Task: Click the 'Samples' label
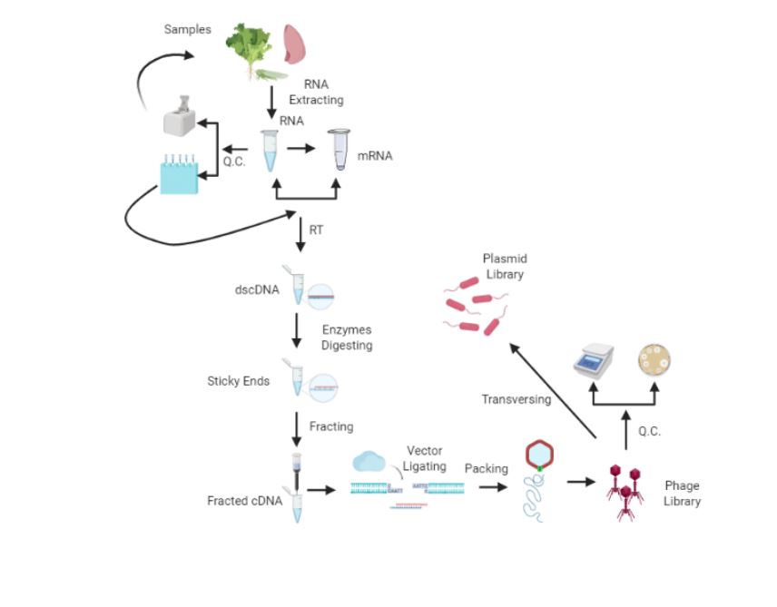click(x=187, y=29)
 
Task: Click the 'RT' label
click(x=316, y=230)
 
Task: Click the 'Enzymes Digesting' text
click(x=346, y=338)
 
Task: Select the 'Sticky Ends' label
click(x=238, y=381)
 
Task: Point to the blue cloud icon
click(x=370, y=462)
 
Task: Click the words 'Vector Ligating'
click(x=425, y=458)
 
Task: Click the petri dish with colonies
click(x=654, y=359)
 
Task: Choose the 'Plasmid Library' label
click(x=505, y=266)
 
